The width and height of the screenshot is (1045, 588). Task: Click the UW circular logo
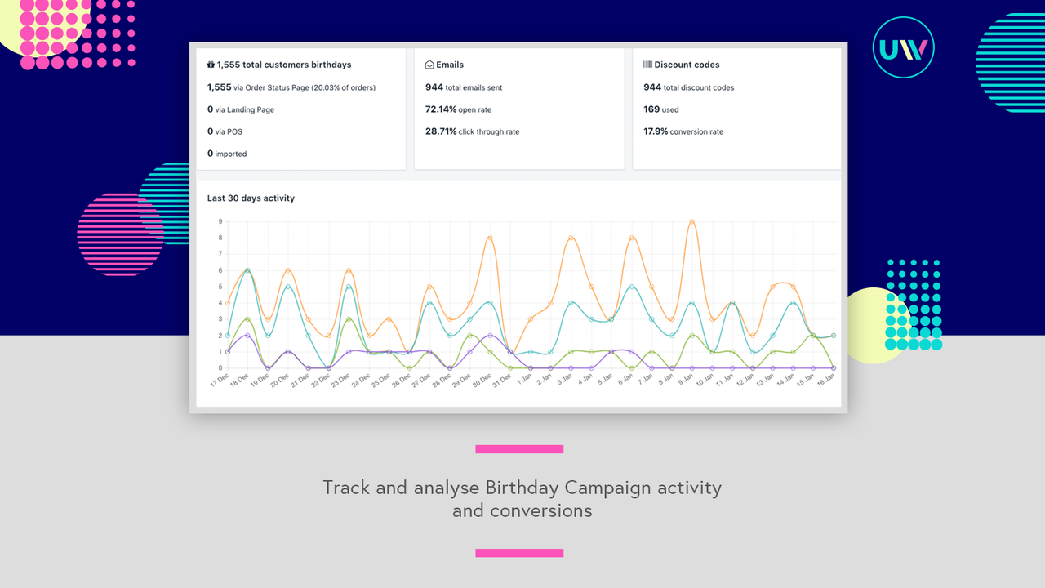pyautogui.click(x=903, y=47)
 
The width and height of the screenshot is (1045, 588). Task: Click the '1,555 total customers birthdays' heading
pyautogui.click(x=279, y=65)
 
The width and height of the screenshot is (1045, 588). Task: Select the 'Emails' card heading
pyautogui.click(x=445, y=65)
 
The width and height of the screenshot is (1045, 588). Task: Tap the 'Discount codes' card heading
pyautogui.click(x=682, y=65)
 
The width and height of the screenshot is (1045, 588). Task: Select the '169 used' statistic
pyautogui.click(x=660, y=109)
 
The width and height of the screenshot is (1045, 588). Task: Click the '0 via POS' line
pyautogui.click(x=225, y=131)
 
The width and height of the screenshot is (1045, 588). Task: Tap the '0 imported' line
pyautogui.click(x=226, y=154)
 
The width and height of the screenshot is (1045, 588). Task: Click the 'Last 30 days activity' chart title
pyautogui.click(x=251, y=198)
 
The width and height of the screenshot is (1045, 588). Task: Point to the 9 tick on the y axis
pyautogui.click(x=220, y=221)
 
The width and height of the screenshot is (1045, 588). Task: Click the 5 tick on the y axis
pyautogui.click(x=220, y=287)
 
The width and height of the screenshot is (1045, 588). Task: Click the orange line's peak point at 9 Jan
pyautogui.click(x=691, y=221)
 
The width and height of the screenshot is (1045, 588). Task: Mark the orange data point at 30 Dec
pyautogui.click(x=490, y=238)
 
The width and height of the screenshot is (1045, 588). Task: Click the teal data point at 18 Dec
pyautogui.click(x=247, y=270)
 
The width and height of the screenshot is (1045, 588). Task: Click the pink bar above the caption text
pyautogui.click(x=519, y=449)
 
